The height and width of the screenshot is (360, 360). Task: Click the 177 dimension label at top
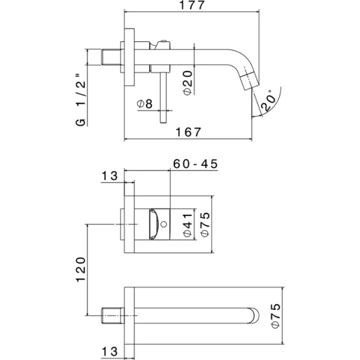[191, 5]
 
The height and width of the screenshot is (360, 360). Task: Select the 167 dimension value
[188, 132]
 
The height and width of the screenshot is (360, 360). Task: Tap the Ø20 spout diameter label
[188, 82]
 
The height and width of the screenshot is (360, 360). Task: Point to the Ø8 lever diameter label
[145, 103]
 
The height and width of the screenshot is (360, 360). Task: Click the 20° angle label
[268, 100]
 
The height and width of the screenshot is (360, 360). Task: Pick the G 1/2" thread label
[80, 100]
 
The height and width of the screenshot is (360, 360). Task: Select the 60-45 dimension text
[195, 164]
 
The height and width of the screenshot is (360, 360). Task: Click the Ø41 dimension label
[188, 225]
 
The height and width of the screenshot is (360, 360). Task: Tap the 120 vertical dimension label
[80, 269]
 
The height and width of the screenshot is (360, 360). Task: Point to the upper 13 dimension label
[110, 176]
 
